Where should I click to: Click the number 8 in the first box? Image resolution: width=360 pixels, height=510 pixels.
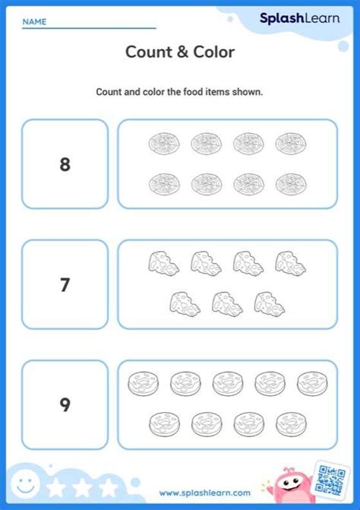[65, 164]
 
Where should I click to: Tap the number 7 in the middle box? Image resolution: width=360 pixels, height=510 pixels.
[65, 285]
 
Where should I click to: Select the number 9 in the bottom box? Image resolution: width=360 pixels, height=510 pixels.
[65, 405]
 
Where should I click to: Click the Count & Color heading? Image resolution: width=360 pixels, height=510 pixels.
[180, 52]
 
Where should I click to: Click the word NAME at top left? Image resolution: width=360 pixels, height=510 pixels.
[34, 22]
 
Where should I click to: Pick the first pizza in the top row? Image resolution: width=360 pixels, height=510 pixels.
[163, 142]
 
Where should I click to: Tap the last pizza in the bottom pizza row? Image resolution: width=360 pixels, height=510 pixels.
[289, 183]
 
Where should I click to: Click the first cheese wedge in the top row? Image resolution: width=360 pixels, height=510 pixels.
[163, 263]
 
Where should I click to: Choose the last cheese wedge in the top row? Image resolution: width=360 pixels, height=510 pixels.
[290, 263]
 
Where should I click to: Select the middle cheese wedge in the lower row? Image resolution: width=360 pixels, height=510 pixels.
[226, 303]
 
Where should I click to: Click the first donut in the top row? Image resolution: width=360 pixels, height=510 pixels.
[143, 382]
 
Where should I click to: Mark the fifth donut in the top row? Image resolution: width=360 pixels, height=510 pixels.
[311, 382]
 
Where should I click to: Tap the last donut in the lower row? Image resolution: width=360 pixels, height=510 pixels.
[289, 423]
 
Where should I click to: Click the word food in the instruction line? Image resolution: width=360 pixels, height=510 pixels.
[186, 92]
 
